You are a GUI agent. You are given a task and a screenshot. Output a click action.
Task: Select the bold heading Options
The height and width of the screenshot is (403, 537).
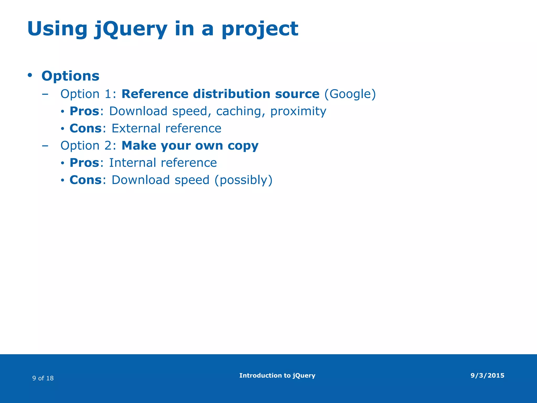tap(70, 76)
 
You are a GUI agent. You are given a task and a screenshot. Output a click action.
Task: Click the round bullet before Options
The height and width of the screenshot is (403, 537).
tap(30, 75)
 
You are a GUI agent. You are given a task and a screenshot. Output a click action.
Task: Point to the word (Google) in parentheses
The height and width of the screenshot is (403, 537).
tap(350, 94)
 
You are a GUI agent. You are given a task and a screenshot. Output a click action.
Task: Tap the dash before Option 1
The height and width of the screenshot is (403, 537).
tap(45, 94)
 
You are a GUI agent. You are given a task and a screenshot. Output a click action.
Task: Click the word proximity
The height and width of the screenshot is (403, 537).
tap(298, 111)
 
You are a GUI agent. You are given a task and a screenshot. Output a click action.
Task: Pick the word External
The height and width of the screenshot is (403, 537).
tap(136, 128)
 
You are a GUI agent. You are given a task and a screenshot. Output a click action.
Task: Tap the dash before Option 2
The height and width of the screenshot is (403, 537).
tap(45, 146)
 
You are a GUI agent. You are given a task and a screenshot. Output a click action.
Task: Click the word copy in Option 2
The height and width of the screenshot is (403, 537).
tap(243, 146)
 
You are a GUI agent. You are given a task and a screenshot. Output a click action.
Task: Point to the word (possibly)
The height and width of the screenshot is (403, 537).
tap(243, 180)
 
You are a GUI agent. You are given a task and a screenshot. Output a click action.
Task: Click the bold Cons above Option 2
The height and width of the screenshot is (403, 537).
tap(85, 128)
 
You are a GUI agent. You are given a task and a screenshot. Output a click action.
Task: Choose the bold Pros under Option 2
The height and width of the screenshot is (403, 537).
tap(84, 163)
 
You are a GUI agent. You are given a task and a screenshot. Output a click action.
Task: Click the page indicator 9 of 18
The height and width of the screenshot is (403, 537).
tap(43, 378)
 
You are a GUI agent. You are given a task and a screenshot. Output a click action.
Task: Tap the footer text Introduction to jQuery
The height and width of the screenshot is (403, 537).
tap(277, 375)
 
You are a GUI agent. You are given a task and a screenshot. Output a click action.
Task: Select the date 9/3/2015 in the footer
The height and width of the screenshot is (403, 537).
tap(487, 375)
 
